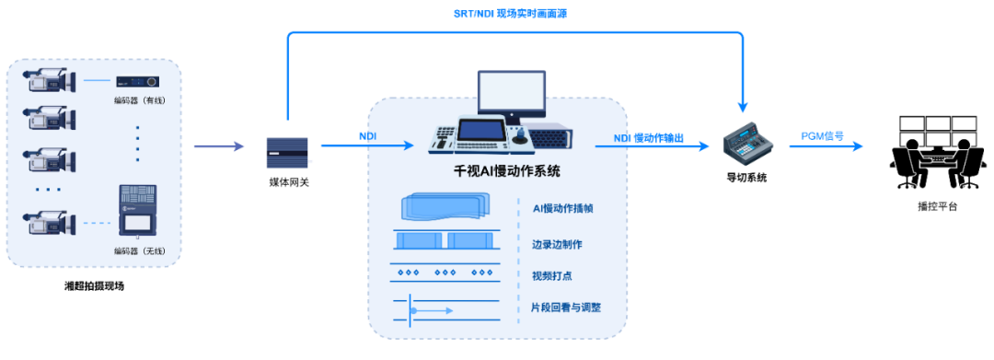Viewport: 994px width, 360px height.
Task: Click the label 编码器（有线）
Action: [x=138, y=101]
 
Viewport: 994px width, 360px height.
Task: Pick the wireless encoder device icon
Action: [x=137, y=215]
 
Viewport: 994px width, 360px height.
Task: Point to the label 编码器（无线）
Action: [x=138, y=251]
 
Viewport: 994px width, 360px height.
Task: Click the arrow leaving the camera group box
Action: [x=219, y=146]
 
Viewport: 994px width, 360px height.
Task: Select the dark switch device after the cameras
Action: [x=288, y=152]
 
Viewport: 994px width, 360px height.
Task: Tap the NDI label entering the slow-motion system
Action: [x=367, y=136]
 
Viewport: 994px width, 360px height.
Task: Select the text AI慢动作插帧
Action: [x=562, y=208]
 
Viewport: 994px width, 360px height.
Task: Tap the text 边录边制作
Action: [x=557, y=244]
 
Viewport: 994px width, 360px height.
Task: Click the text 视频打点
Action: [x=551, y=276]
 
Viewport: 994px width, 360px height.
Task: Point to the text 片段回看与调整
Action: [x=566, y=308]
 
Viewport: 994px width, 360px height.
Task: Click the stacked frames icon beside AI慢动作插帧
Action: [x=442, y=207]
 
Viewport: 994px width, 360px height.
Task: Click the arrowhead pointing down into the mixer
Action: [x=742, y=108]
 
